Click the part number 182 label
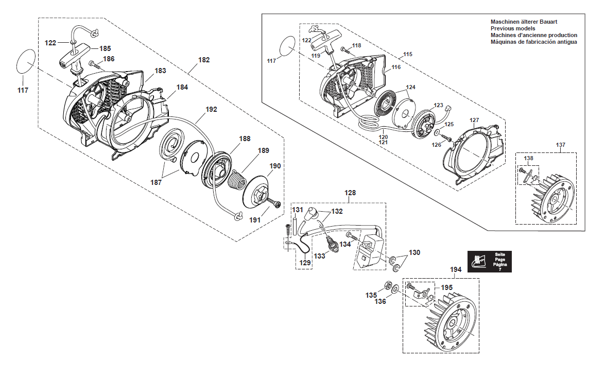[204, 60]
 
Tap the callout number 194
[456, 269]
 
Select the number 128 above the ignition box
[350, 193]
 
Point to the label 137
[560, 145]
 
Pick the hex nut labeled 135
[386, 287]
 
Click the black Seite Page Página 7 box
[489, 262]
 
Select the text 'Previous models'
[513, 28]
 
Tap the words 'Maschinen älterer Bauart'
[524, 22]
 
